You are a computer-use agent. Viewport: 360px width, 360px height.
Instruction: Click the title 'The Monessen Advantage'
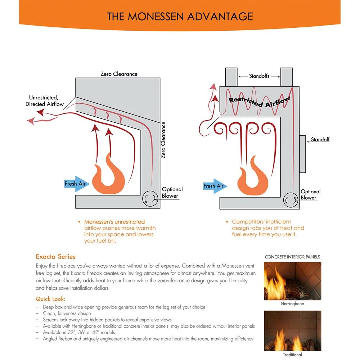tap(180, 16)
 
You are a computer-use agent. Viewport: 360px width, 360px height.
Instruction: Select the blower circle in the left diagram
tap(150, 199)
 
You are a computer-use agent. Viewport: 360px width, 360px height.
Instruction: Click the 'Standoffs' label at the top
tap(259, 76)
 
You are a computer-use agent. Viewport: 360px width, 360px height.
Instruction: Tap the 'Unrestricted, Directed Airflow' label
tap(44, 101)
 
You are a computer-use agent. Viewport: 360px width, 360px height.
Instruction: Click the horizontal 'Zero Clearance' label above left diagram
tap(119, 74)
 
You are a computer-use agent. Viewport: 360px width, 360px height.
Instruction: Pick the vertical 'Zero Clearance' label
tap(163, 140)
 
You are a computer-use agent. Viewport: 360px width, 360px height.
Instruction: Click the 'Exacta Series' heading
tap(56, 257)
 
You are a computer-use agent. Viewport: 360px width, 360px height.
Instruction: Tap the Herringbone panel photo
tap(292, 281)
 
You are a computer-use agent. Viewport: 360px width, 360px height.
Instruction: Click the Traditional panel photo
tap(292, 331)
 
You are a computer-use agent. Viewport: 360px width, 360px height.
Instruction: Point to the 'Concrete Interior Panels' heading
tap(292, 257)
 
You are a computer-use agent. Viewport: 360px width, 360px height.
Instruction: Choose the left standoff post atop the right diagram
tap(231, 77)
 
